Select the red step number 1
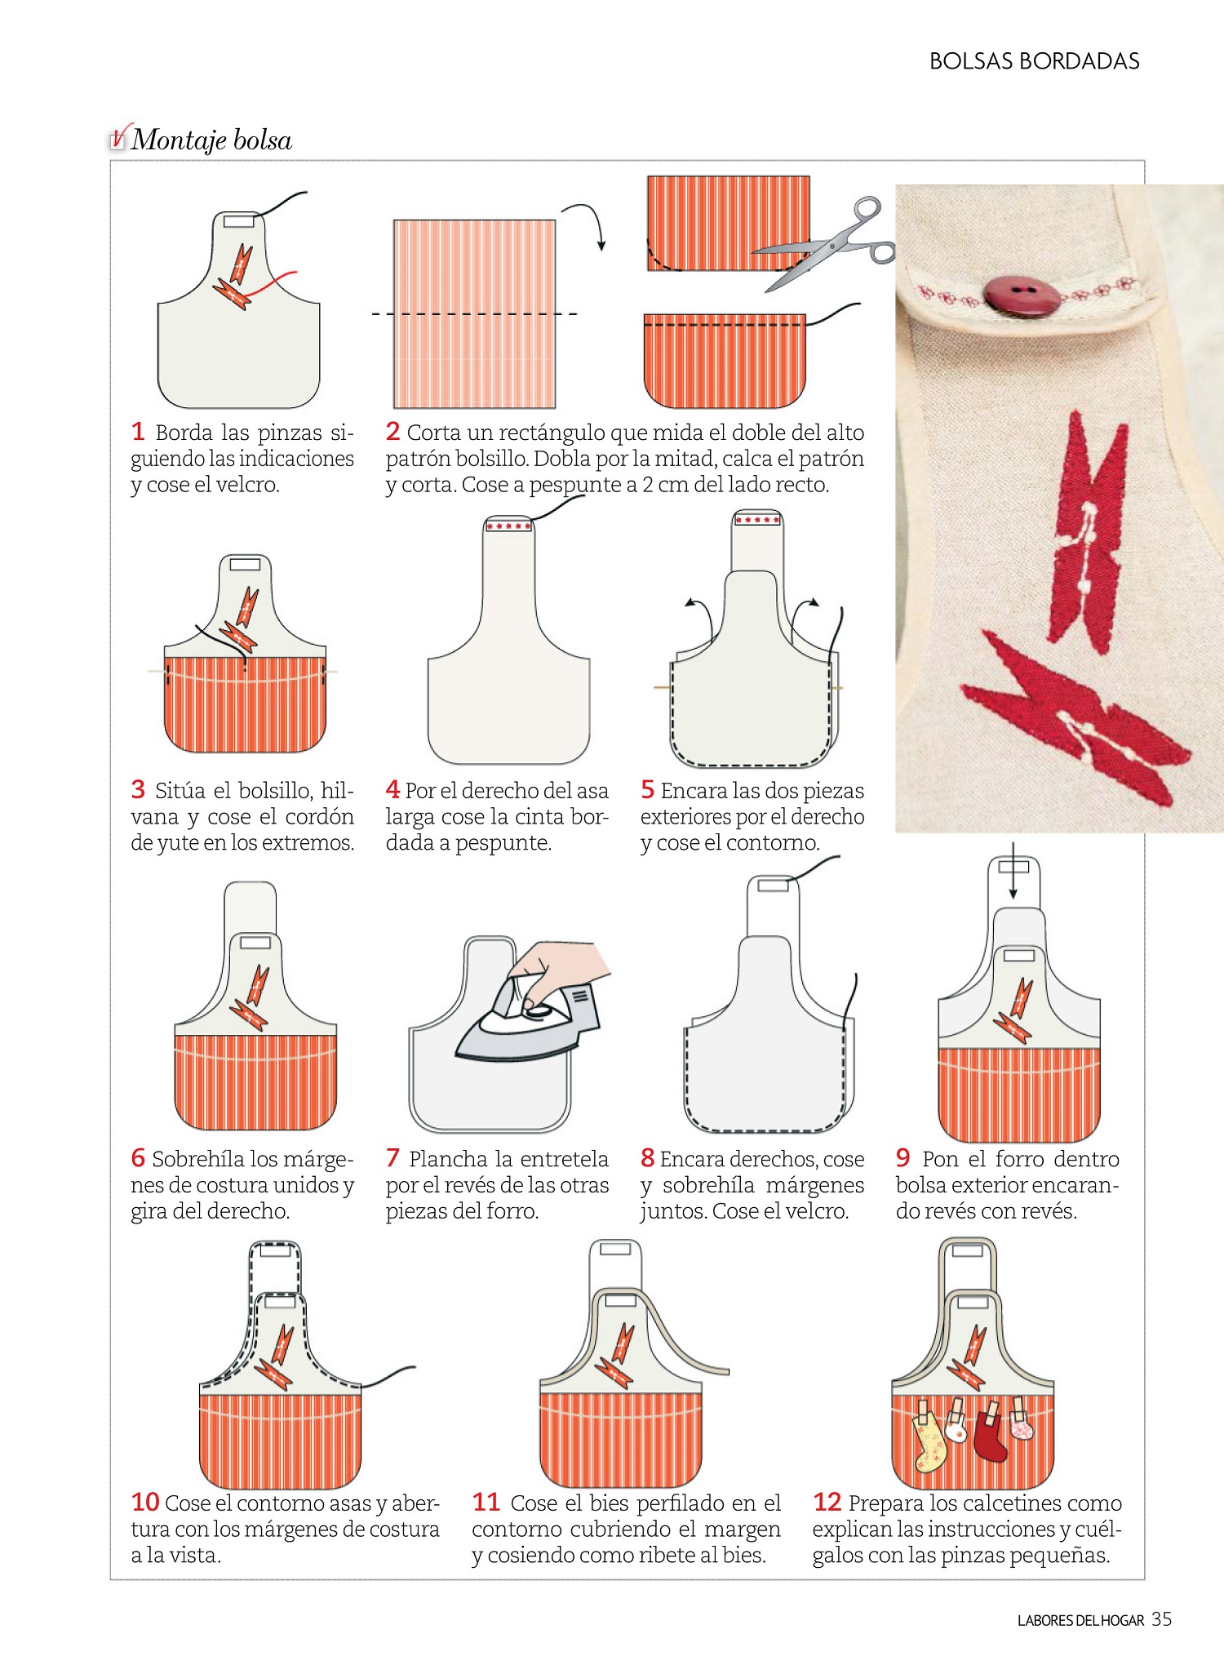click(x=138, y=431)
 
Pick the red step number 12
click(x=827, y=1502)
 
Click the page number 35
click(x=1161, y=1619)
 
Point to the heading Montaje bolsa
click(x=211, y=140)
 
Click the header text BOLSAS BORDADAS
click(x=1034, y=61)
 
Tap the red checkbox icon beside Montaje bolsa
click(x=119, y=137)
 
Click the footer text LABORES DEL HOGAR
click(x=1080, y=1621)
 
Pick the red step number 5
click(x=647, y=790)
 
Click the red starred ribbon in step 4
click(x=508, y=526)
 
